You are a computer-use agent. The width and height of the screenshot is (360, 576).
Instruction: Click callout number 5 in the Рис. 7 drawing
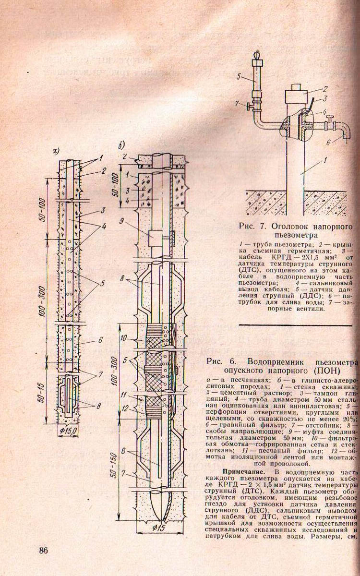click(239, 77)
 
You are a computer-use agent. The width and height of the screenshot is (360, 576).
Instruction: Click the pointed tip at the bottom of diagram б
click(159, 499)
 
